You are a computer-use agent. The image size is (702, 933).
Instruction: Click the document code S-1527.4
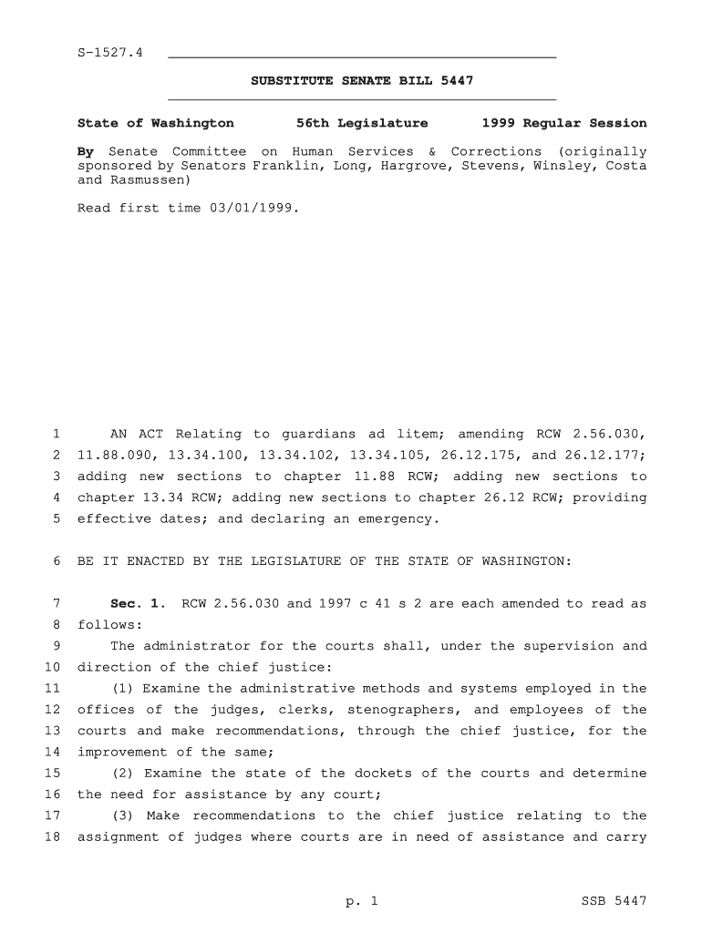click(109, 53)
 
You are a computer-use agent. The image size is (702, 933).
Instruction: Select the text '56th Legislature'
click(362, 123)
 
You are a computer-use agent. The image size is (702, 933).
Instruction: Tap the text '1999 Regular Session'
click(564, 123)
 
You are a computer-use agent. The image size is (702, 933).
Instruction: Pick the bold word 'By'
click(86, 151)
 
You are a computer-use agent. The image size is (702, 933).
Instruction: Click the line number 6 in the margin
click(57, 561)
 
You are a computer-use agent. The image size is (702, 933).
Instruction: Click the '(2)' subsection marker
click(122, 773)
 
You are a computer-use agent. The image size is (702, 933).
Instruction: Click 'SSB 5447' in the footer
click(614, 902)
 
